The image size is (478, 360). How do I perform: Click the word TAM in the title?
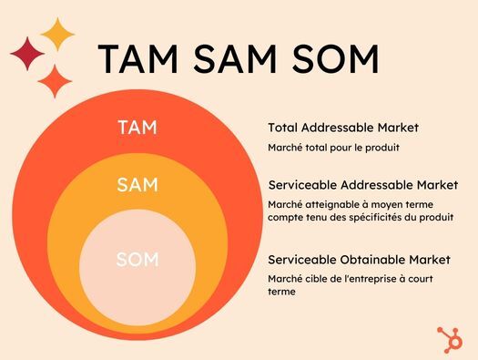pyautogui.click(x=139, y=60)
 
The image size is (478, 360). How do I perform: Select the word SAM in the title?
pyautogui.click(x=239, y=60)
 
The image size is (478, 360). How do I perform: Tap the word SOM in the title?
pyautogui.click(x=336, y=60)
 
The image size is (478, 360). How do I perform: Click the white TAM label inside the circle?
pyautogui.click(x=137, y=128)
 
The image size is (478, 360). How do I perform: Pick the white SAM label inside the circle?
pyautogui.click(x=137, y=185)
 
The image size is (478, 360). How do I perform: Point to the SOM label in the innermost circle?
pyautogui.click(x=137, y=260)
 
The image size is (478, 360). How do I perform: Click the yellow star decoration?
pyautogui.click(x=58, y=35)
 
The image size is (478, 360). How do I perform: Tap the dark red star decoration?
pyautogui.click(x=27, y=54)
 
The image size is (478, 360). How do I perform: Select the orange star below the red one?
pyautogui.click(x=55, y=80)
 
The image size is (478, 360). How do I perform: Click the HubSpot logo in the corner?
pyautogui.click(x=450, y=338)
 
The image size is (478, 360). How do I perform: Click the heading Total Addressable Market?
pyautogui.click(x=336, y=128)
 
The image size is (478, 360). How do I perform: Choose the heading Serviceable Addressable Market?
pyautogui.click(x=362, y=185)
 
